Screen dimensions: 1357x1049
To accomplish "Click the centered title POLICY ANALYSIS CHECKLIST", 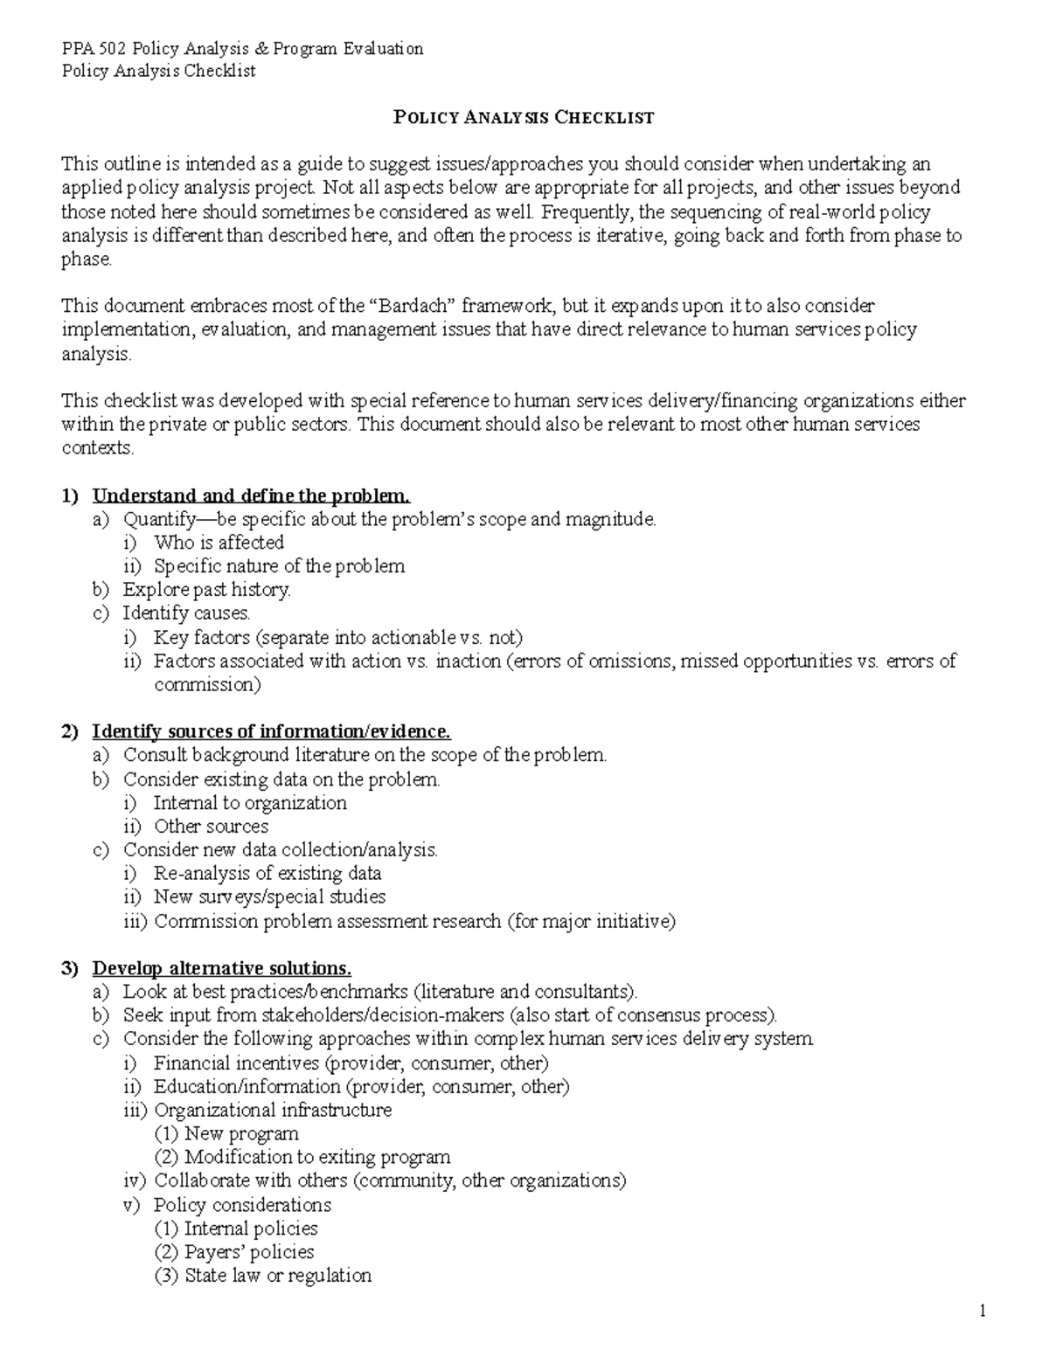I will coord(524,118).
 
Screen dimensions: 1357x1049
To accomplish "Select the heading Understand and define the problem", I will coord(251,496).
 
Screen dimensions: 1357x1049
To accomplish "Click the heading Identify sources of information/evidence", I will coord(272,731).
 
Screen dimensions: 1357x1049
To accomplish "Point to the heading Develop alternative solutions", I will coord(222,968).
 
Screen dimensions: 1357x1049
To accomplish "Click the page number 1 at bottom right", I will coord(983,1311).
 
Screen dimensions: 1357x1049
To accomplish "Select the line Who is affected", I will coord(219,543).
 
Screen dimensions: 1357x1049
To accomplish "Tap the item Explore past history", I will coord(206,590).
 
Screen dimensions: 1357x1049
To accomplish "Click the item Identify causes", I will coord(186,613).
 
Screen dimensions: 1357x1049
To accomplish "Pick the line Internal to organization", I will coord(250,803).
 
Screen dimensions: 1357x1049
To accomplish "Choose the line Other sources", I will coord(211,827).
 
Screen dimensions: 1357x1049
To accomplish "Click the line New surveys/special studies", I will coord(269,897).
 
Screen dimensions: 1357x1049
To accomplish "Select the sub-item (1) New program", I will coord(241,1134).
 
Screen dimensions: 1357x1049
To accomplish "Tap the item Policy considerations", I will coord(242,1205).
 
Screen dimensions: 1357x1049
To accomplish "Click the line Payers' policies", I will coord(249,1252).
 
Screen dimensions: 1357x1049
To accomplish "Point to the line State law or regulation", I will coord(278,1276).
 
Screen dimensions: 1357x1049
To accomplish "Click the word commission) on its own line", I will coord(207,685).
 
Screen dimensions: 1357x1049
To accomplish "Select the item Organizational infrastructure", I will coord(273,1111).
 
